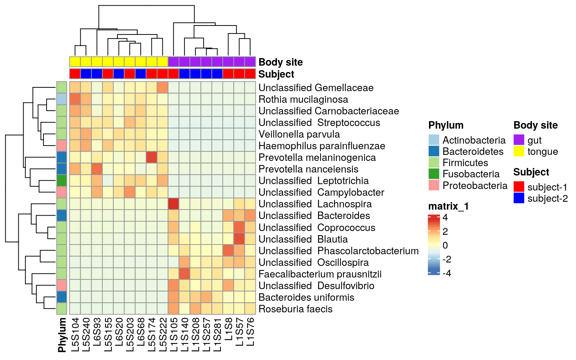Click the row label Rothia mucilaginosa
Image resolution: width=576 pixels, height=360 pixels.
coord(303,99)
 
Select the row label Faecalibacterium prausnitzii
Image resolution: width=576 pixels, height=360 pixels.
coord(320,274)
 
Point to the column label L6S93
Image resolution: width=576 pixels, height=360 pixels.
coord(97,335)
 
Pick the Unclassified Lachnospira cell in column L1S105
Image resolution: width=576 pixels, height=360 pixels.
coord(174,204)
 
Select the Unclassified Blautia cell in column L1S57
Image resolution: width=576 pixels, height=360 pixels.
coord(239,239)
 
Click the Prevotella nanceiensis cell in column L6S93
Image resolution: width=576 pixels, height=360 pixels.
coord(97,169)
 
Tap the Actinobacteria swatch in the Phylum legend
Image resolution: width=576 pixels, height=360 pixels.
coord(434,140)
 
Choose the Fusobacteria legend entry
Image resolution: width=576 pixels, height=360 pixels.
coord(471,174)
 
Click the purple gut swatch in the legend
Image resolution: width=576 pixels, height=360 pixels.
coord(519,140)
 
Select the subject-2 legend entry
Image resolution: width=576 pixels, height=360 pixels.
coord(547,198)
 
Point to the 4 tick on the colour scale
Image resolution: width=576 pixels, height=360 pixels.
coord(445,217)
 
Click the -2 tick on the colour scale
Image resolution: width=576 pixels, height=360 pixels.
coord(446,259)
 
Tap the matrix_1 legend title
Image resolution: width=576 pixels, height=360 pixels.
coord(448,206)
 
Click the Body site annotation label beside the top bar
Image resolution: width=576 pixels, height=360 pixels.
coord(280,62)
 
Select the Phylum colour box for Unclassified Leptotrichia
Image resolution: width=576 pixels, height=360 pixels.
coord(61,181)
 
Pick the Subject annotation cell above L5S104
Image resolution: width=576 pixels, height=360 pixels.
coord(75,74)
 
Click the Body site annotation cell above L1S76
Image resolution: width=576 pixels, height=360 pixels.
coord(250,61)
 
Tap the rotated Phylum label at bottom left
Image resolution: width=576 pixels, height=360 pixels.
coord(62,335)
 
